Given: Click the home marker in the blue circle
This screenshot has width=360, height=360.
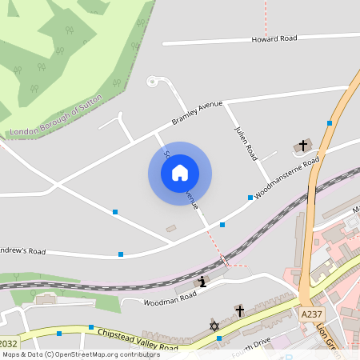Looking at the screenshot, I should (180, 173).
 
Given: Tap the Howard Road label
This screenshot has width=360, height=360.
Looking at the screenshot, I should (274, 38).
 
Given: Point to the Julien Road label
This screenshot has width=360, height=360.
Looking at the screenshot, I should (245, 140).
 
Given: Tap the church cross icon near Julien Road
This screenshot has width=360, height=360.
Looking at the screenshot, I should (302, 146).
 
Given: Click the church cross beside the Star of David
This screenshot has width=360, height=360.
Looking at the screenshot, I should (239, 310).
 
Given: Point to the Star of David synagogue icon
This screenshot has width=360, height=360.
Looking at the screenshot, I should (214, 326).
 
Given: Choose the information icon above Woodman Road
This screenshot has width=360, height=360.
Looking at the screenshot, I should (202, 281).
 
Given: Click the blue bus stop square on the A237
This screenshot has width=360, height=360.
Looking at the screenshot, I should (329, 123).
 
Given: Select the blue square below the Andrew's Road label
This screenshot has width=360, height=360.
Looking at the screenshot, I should (121, 254).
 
